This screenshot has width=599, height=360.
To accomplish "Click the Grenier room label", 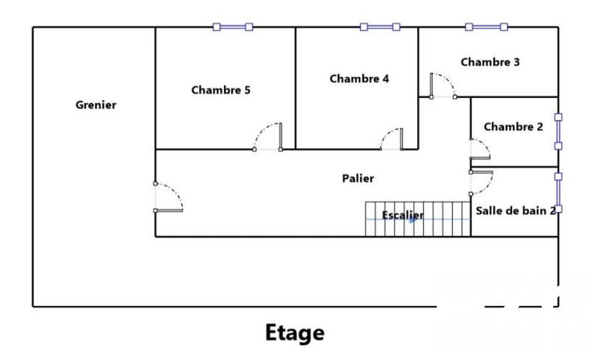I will [96, 105].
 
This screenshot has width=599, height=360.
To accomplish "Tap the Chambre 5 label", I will [221, 90].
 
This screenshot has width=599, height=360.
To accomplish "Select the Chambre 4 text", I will [359, 78].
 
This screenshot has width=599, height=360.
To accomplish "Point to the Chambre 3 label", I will [490, 62].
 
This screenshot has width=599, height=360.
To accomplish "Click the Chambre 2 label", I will [514, 126].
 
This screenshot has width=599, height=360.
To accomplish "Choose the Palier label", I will [358, 178].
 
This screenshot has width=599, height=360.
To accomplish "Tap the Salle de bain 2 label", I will [516, 210].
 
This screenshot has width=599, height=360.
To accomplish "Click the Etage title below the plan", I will [295, 332].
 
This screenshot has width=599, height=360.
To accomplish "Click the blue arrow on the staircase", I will [411, 219].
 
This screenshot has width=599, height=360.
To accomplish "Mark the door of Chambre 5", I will [268, 138].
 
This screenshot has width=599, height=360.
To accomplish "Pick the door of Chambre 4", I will [392, 140].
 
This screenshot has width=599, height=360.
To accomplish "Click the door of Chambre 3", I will [443, 85].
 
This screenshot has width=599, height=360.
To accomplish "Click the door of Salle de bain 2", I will [481, 180].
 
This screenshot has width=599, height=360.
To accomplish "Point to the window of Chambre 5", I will [233, 27].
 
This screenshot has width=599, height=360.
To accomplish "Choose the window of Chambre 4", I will [380, 27].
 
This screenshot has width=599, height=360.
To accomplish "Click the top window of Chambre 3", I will [487, 27].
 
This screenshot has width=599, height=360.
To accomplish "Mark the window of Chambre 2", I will [558, 132].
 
